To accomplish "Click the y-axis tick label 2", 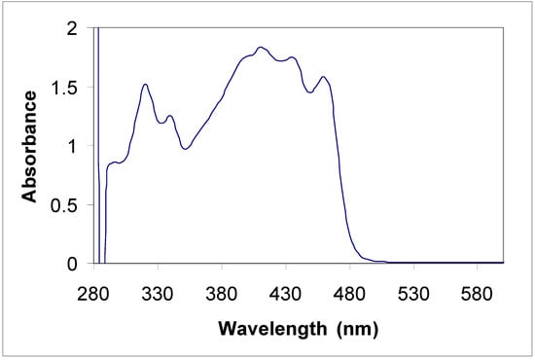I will (x=72, y=29).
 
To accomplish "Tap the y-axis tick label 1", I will (x=72, y=146).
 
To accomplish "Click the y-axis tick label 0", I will (x=72, y=264).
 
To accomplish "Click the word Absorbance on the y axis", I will (x=30, y=146).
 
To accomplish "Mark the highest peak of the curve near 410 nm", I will (x=260, y=47).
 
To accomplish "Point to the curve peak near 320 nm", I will (x=145, y=85).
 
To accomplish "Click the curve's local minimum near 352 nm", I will (x=185, y=149).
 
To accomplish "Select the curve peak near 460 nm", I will (x=324, y=76).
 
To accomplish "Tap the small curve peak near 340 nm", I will (x=170, y=116).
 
